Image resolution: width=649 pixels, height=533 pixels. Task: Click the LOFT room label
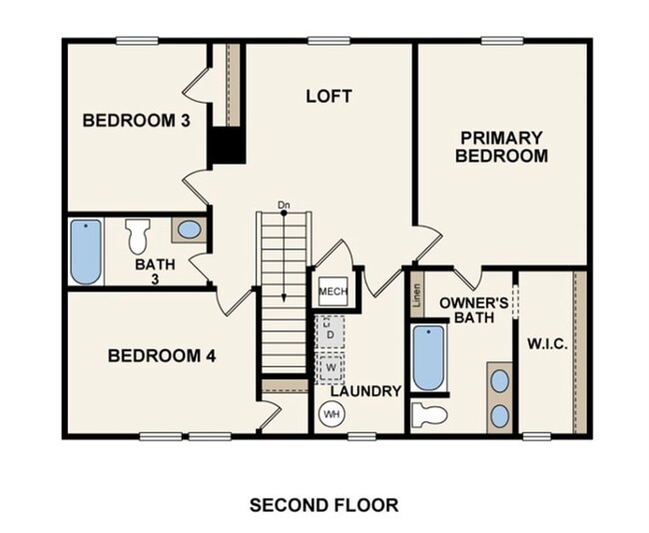[x=328, y=96]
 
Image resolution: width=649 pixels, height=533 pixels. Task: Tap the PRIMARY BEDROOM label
[x=501, y=147]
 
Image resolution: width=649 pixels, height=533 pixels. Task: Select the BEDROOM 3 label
[x=136, y=121]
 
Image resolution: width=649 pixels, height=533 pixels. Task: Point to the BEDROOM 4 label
[x=161, y=355]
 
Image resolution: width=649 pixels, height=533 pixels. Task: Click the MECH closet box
[x=331, y=291]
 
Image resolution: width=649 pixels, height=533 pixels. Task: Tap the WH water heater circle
[x=330, y=413]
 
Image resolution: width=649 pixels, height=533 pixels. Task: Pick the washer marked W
[x=330, y=366]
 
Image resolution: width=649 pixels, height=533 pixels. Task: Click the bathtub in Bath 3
[x=86, y=252]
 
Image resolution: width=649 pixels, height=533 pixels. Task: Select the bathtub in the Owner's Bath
[x=428, y=357]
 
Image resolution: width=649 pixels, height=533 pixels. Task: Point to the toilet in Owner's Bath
[x=430, y=415]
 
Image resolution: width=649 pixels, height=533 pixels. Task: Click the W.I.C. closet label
[x=547, y=344]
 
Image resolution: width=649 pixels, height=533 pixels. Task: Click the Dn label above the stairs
[x=284, y=206]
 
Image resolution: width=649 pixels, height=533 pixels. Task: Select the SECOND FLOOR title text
[x=324, y=505]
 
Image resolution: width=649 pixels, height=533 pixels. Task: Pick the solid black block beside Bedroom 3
[x=227, y=146]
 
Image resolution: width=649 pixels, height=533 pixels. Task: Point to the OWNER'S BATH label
[x=474, y=309]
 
